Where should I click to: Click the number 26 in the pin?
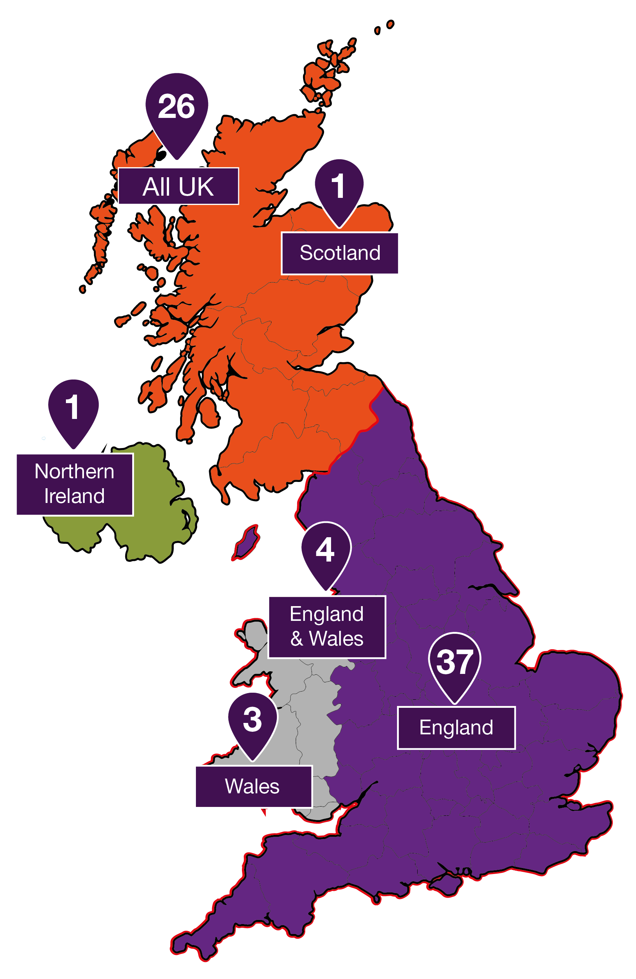tap(176, 106)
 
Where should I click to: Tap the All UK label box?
tap(178, 186)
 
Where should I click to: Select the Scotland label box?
tap(340, 253)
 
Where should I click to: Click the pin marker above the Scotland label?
tap(339, 189)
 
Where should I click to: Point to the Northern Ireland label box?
tap(74, 484)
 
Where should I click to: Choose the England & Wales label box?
tap(326, 626)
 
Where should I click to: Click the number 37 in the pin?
tap(454, 662)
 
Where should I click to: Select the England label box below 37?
tap(456, 728)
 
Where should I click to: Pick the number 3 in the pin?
tap(252, 720)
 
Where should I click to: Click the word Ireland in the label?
tap(74, 496)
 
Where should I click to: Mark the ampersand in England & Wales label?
tap(296, 639)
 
